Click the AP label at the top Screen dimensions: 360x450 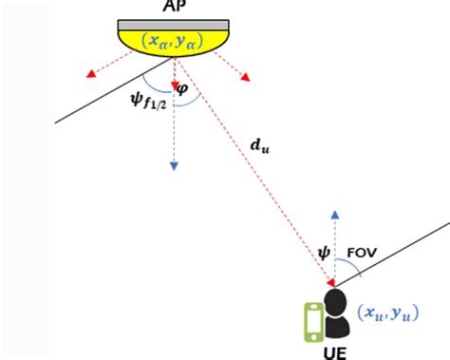(x=174, y=6)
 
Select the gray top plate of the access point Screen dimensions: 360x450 (x=174, y=23)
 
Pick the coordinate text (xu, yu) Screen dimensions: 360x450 (x=386, y=312)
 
